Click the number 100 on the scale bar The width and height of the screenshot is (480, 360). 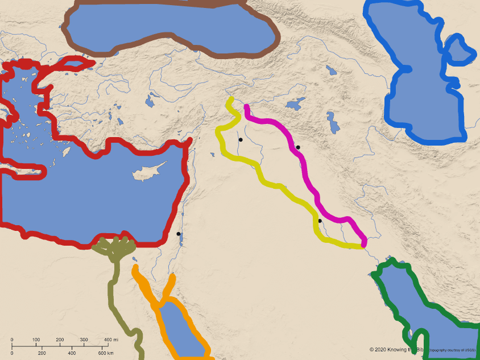(x=36, y=340)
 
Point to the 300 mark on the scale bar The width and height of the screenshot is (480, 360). (x=84, y=340)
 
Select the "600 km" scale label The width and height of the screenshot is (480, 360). (x=105, y=353)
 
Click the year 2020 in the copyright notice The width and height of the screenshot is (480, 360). (x=382, y=349)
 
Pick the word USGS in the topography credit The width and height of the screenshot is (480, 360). (x=469, y=350)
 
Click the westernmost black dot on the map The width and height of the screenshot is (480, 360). (x=179, y=234)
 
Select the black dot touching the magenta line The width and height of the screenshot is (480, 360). (x=297, y=147)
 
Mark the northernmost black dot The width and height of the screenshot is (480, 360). (x=241, y=139)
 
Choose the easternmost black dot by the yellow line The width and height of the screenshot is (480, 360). (x=320, y=221)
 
